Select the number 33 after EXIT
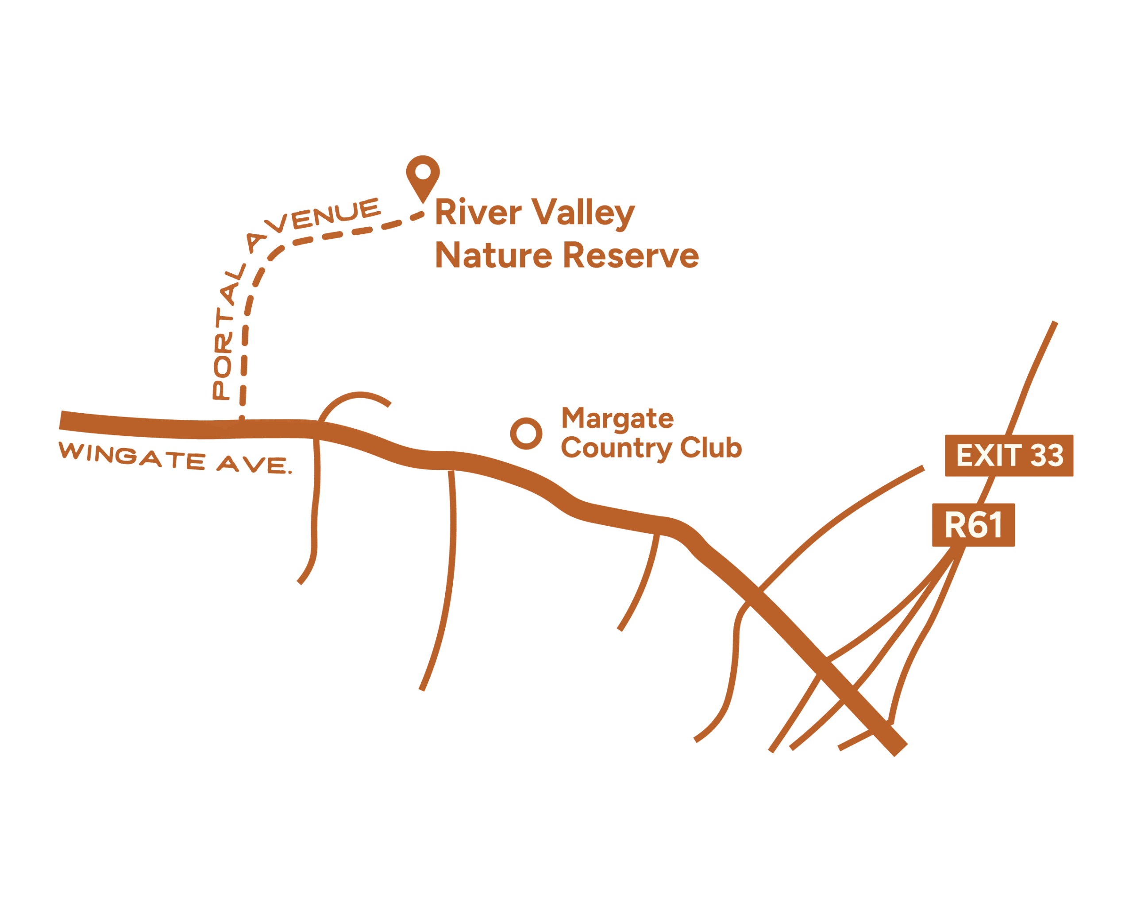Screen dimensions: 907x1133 [x=1047, y=455]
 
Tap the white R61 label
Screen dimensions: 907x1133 [x=973, y=524]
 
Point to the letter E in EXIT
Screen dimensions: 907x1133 [x=964, y=455]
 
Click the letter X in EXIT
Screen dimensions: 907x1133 [x=984, y=455]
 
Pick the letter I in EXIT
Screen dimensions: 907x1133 [x=999, y=455]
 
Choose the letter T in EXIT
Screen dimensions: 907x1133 [x=1013, y=455]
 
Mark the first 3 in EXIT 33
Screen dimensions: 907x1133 [x=1038, y=455]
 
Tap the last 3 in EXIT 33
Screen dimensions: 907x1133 [x=1056, y=455]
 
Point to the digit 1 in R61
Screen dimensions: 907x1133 [x=996, y=524]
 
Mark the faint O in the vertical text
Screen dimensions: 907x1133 [x=223, y=367]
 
